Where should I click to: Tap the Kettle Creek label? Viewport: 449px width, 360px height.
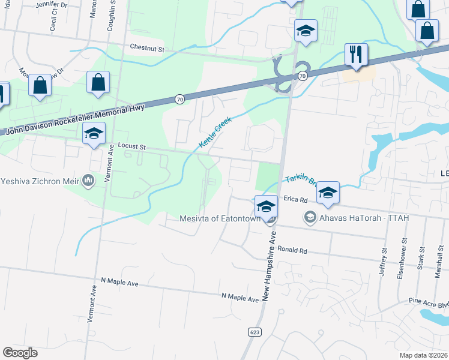coord(215,133)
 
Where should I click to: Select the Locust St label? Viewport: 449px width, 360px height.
coord(132,146)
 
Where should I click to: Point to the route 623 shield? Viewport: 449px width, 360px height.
coord(255,331)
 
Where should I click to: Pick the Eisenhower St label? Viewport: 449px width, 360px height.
coord(405,258)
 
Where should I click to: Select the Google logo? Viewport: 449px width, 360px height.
coord(20,353)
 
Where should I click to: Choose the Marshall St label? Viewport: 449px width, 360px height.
coord(441,262)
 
